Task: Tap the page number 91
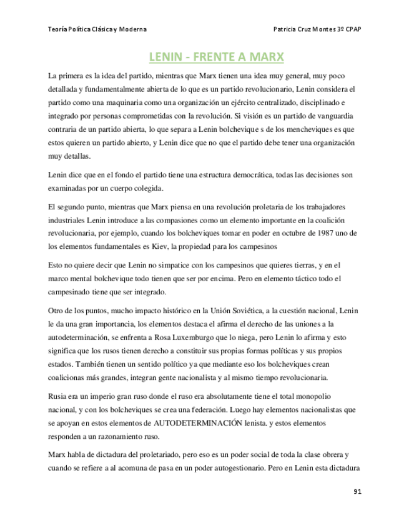(357, 491)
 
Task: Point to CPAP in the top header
(352, 29)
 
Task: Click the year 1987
(329, 233)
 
